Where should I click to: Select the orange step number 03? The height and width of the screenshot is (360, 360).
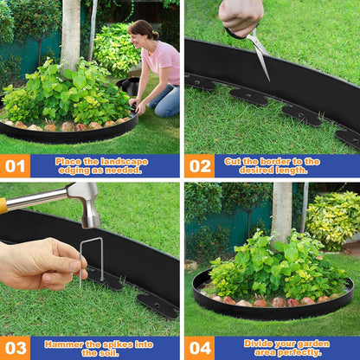coord(15,348)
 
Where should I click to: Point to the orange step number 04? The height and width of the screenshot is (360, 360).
coord(199,348)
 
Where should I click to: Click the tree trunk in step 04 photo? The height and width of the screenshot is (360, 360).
coord(281,211)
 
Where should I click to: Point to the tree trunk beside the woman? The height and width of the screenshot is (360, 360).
coord(70,35)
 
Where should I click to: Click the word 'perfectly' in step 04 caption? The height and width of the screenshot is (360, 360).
coord(301,353)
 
